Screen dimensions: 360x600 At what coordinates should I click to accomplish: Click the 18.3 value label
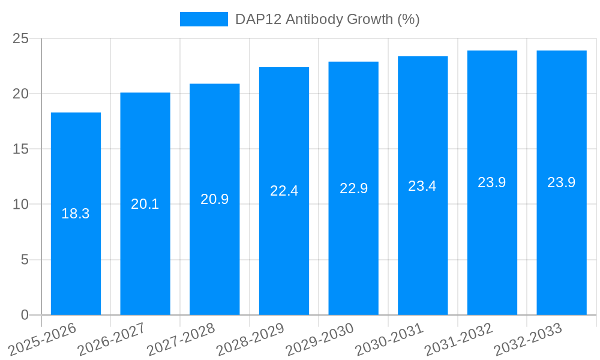[76, 214]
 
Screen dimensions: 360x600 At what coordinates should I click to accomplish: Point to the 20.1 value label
[145, 204]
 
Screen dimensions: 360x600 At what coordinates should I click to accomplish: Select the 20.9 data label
[215, 199]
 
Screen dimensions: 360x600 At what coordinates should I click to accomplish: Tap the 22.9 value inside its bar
[353, 188]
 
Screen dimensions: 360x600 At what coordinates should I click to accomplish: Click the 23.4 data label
[422, 186]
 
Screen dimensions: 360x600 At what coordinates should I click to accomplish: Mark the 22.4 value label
[284, 191]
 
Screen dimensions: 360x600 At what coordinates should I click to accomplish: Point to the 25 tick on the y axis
[20, 39]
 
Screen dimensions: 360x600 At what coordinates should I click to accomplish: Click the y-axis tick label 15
[20, 149]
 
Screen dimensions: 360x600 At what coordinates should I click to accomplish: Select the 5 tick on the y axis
[25, 260]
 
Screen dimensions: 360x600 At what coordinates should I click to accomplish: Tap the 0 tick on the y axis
[25, 315]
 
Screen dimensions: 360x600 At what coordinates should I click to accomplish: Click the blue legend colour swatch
[204, 19]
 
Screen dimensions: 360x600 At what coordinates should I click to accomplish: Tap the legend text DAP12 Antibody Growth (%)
[327, 19]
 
